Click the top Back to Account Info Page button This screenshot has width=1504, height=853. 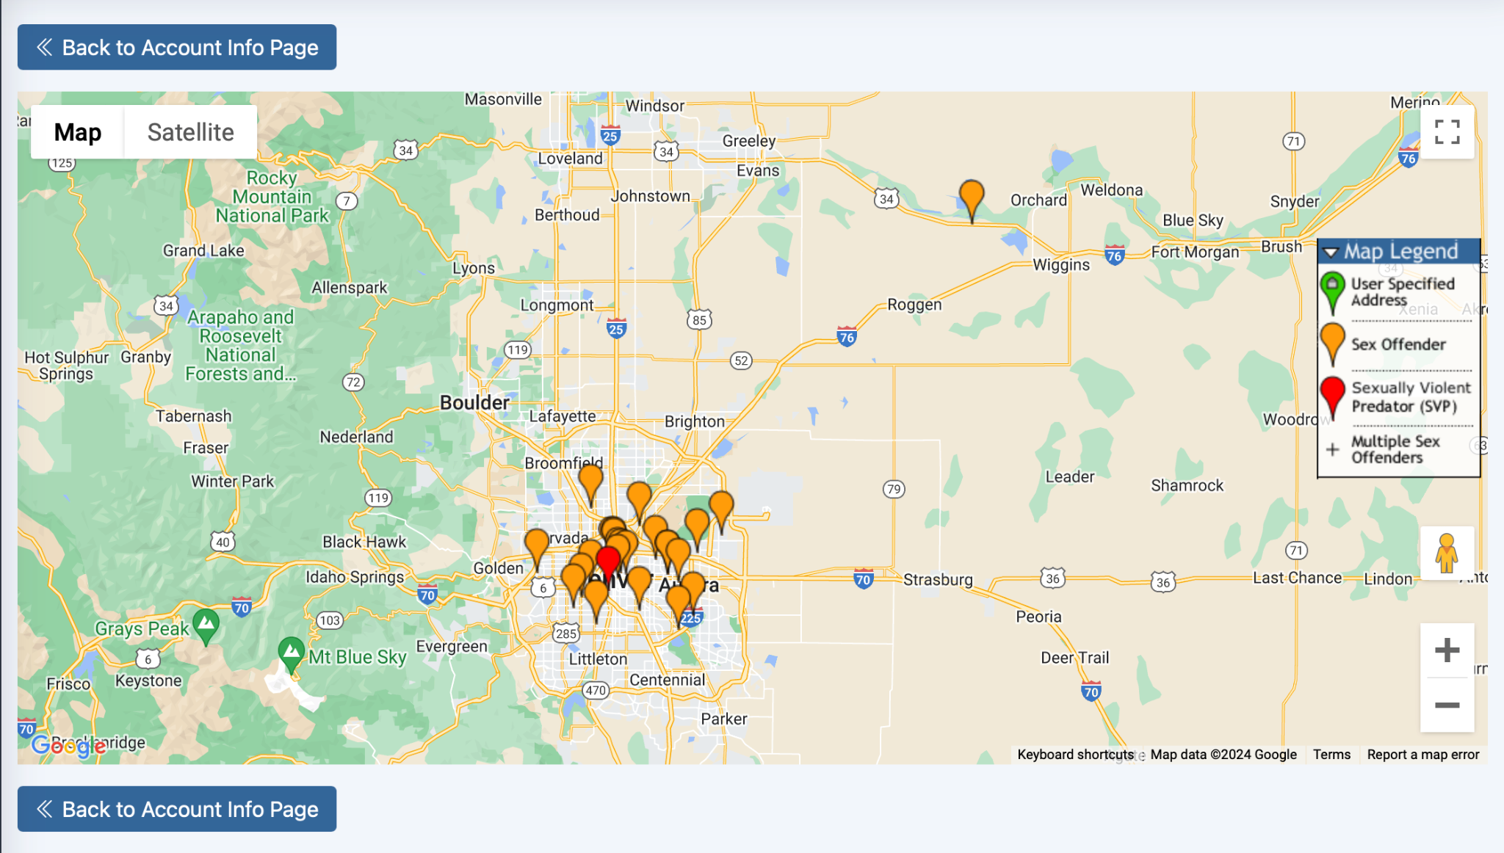point(176,47)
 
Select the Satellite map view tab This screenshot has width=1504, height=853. point(190,132)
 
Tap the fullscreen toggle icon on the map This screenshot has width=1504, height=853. point(1447,132)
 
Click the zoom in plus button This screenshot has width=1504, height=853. point(1447,650)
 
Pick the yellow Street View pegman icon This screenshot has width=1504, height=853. point(1447,553)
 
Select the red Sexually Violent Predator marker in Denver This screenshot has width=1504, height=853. point(608,561)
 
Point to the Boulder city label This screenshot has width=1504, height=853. point(474,403)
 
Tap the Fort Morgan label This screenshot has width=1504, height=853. point(1195,253)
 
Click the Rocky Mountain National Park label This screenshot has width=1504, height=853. point(272,197)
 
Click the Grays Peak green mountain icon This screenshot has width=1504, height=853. point(206,624)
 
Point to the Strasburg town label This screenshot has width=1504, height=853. point(938,580)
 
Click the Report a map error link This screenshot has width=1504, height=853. point(1422,755)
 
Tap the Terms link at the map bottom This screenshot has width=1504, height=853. point(1331,755)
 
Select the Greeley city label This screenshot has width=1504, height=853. point(749,141)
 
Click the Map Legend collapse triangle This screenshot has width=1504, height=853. point(1331,253)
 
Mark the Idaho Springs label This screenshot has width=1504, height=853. point(355,577)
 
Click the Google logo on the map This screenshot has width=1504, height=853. point(68,747)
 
